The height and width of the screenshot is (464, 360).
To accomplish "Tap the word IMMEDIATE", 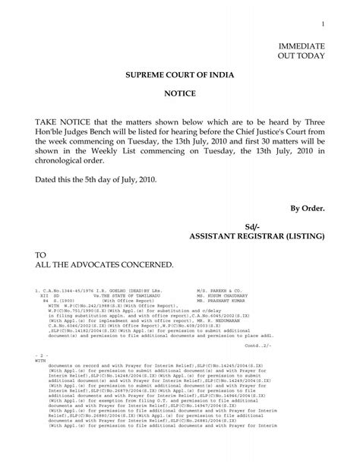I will coord(302,46).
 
